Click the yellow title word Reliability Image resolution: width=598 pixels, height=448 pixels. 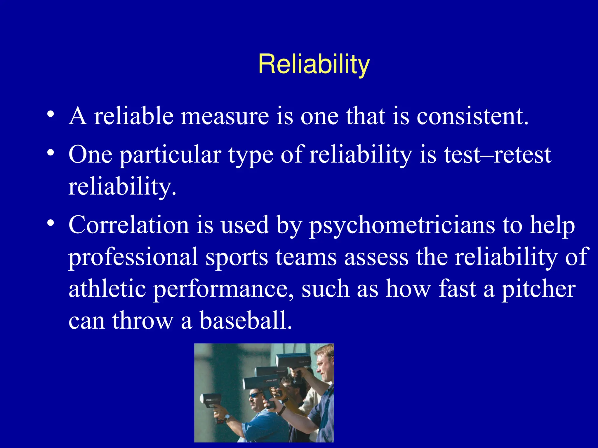pyautogui.click(x=314, y=64)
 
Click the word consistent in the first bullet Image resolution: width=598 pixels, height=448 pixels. pyautogui.click(x=472, y=116)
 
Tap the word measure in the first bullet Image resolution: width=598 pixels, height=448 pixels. pyautogui.click(x=225, y=116)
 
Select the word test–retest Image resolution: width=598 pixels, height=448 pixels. pyautogui.click(x=497, y=155)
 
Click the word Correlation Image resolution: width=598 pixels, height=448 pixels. pyautogui.click(x=129, y=225)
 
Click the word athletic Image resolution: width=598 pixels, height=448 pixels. pyautogui.click(x=107, y=289)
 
